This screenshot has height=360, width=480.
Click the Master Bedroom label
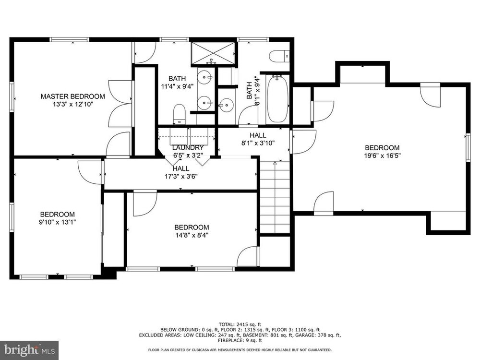(73, 96)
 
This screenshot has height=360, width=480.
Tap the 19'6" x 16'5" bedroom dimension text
(383, 156)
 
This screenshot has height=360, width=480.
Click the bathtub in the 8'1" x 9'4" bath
(277, 99)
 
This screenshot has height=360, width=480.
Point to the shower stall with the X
(214, 53)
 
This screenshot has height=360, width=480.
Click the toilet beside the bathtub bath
(279, 55)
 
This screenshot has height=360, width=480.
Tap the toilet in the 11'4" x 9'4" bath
(180, 114)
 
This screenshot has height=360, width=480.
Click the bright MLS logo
(29, 349)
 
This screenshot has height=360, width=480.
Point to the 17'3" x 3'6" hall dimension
(181, 176)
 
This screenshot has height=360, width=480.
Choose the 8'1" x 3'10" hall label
(258, 139)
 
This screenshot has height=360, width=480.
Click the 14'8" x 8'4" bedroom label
(192, 231)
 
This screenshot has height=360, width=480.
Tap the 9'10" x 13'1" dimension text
(58, 222)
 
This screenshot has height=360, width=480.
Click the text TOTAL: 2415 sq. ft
(240, 324)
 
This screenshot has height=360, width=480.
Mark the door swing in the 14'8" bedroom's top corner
(145, 204)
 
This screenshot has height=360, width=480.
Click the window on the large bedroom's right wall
(468, 147)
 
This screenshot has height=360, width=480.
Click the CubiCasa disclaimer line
(240, 350)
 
